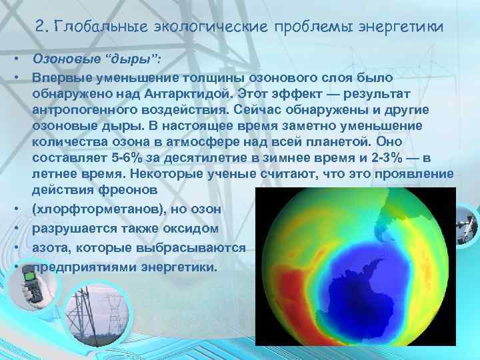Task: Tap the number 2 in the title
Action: pyautogui.click(x=40, y=27)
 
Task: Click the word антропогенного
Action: pyautogui.click(x=79, y=111)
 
